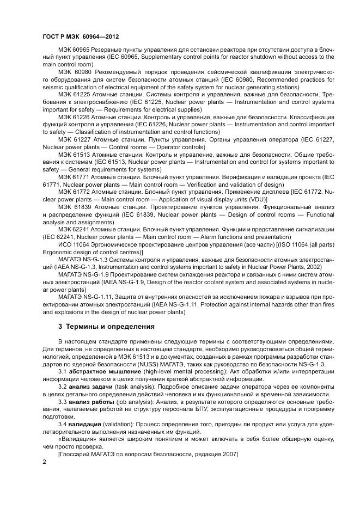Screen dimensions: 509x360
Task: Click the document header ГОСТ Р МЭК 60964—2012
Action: pos(80,36)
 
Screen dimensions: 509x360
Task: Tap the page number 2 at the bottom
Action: pos(44,462)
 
